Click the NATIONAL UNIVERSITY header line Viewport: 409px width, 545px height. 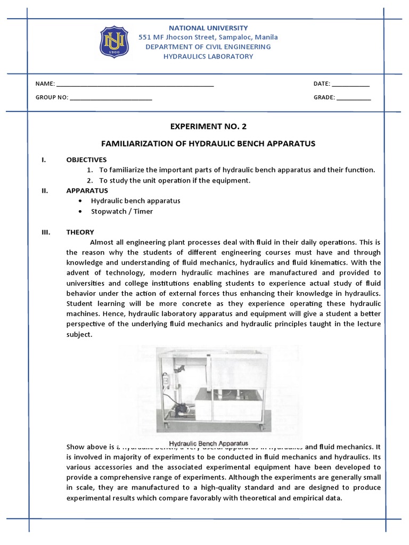tap(208, 28)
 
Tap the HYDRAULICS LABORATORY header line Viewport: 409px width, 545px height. tap(208, 56)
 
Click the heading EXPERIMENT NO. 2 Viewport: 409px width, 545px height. tap(208, 127)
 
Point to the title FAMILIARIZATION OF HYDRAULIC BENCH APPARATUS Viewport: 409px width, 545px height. tap(208, 144)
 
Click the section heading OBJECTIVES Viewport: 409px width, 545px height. tap(86, 160)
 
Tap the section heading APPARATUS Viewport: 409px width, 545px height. tap(87, 191)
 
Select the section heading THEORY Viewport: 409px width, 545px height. tap(80, 232)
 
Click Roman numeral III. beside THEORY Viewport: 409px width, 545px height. tap(45, 232)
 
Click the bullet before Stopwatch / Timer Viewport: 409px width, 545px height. tap(79, 211)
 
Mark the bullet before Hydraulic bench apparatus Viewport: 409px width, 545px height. tap(79, 201)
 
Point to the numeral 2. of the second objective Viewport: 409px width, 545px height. tap(90, 180)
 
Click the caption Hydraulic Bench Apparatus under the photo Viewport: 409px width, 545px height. tap(209, 443)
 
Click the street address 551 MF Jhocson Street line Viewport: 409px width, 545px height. tap(208, 37)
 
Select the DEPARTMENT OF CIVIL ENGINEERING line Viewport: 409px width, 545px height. tap(208, 47)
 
